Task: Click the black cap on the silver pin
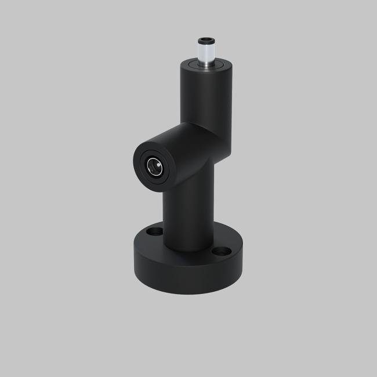click(206, 40)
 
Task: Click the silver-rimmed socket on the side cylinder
click(154, 167)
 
